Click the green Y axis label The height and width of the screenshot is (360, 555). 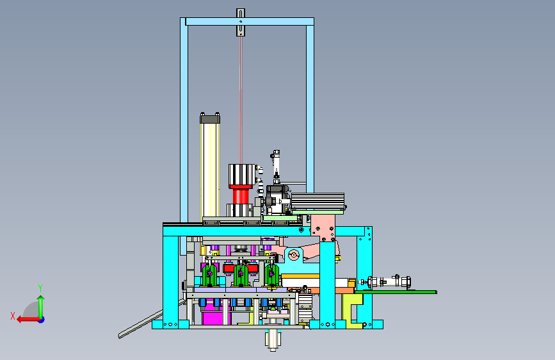pyautogui.click(x=40, y=288)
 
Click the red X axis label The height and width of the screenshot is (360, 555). pyautogui.click(x=13, y=316)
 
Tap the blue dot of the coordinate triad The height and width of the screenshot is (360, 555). pyautogui.click(x=42, y=320)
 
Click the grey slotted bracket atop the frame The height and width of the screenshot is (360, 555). pyautogui.click(x=241, y=22)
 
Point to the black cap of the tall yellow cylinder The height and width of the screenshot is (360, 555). pyautogui.click(x=210, y=118)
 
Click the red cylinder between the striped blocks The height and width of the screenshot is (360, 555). pyautogui.click(x=241, y=196)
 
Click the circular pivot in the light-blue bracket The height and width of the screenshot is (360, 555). pyautogui.click(x=293, y=255)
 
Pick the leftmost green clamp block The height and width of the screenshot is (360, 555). pyautogui.click(x=210, y=275)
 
